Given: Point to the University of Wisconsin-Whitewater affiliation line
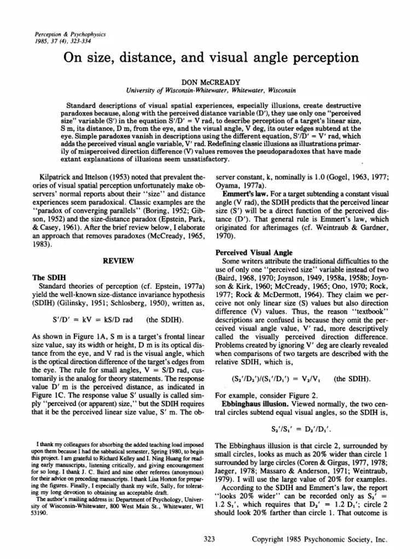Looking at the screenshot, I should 209,90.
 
